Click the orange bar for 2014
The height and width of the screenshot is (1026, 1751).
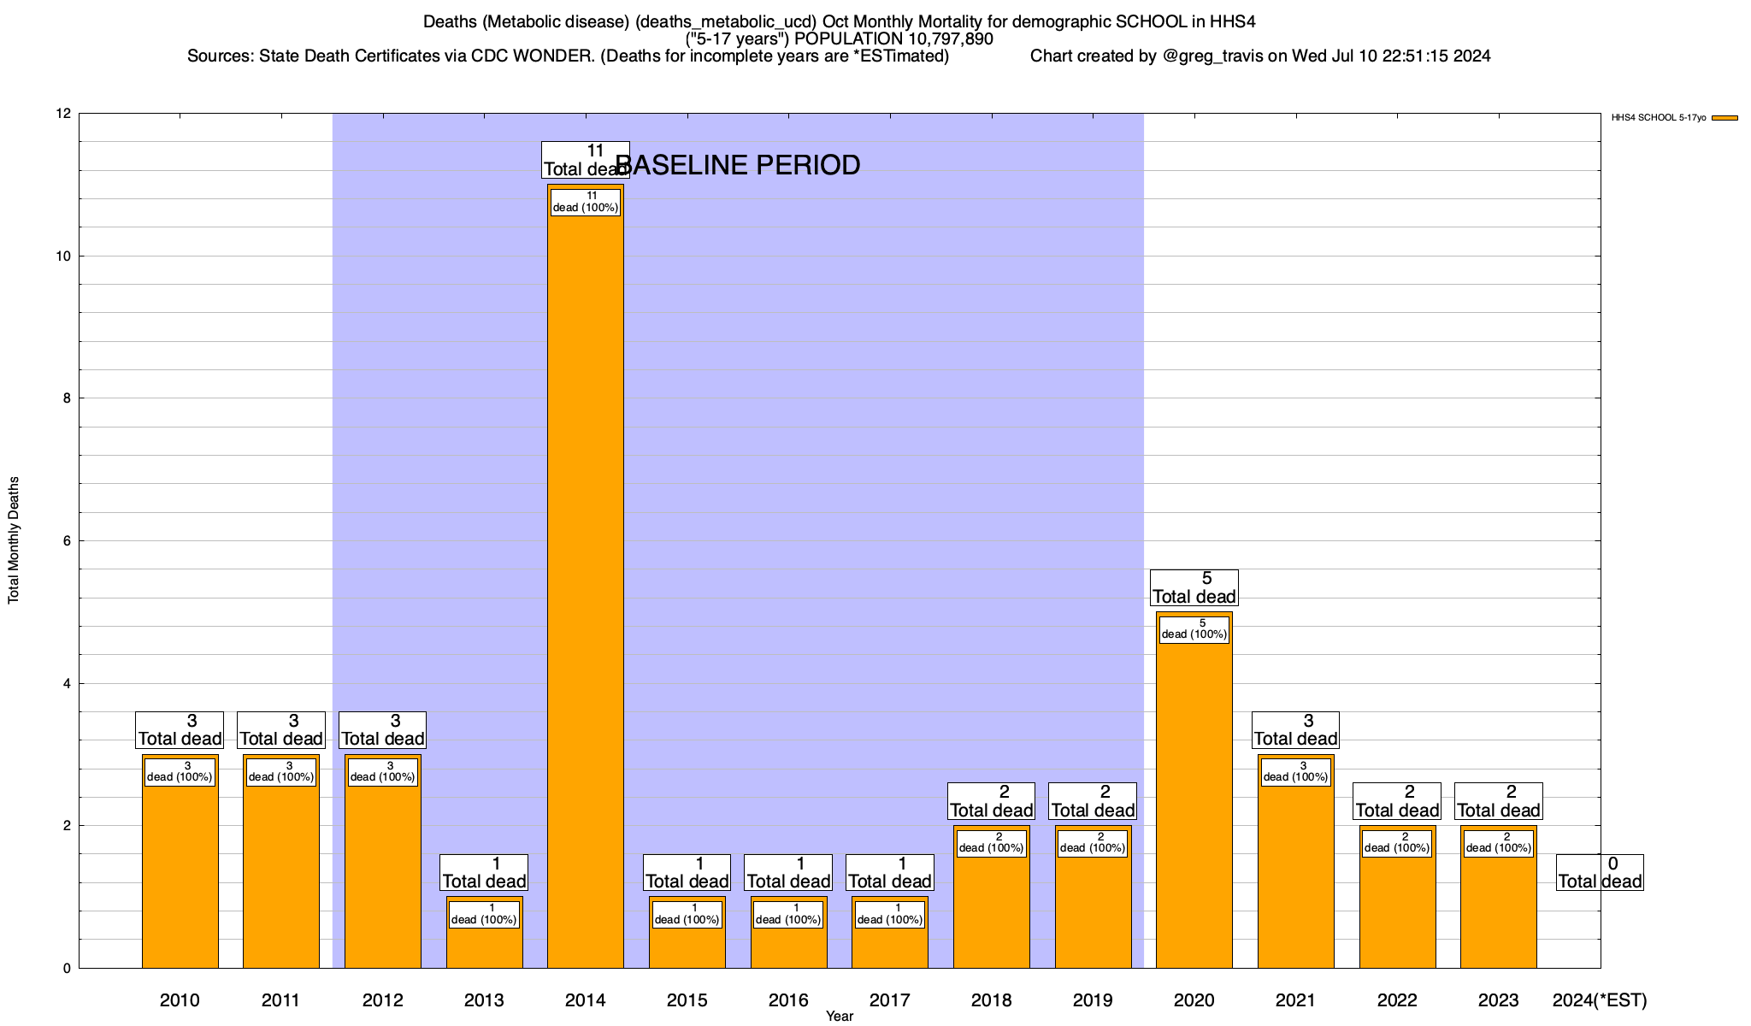coord(585,581)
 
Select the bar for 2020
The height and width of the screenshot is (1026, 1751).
coord(1194,795)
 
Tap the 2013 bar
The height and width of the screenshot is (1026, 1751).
coord(484,940)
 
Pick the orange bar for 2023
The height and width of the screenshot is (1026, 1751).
coord(1498,906)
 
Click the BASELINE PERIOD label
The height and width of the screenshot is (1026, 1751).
coord(738,165)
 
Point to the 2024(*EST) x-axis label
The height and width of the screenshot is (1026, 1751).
coord(1599,1000)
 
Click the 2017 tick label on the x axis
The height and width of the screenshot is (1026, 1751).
coord(889,1000)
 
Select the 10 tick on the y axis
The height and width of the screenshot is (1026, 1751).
coord(63,256)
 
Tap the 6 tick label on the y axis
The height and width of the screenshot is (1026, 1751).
coord(67,541)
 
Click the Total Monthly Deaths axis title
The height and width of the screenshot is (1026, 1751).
coord(14,540)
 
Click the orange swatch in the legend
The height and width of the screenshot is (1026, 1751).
coord(1724,118)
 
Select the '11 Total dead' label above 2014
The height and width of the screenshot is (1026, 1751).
coord(586,160)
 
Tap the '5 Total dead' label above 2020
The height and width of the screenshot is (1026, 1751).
coord(1194,587)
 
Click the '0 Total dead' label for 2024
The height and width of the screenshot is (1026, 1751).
coord(1599,872)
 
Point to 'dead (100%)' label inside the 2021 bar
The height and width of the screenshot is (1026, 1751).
coord(1295,777)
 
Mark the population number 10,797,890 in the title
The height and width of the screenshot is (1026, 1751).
coord(941,39)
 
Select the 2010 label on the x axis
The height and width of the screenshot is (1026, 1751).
coord(180,1000)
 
